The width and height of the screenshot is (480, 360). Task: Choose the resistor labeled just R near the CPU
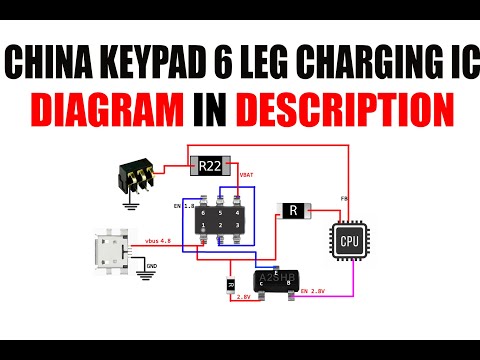[x=292, y=210]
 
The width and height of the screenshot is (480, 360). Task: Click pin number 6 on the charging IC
[x=203, y=212]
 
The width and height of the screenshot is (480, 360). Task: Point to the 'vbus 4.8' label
[x=160, y=241]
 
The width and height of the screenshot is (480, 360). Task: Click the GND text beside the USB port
[x=152, y=266]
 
